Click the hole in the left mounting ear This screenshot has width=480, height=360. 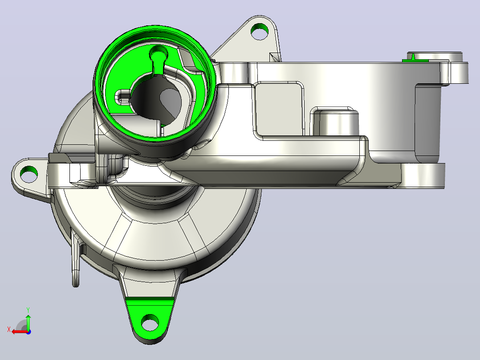tap(29, 173)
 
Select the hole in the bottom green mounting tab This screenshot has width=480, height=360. tap(150, 323)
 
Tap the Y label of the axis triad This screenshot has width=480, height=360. tap(28, 310)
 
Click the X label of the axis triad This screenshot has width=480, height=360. tap(9, 330)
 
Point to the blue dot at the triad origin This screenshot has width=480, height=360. tap(28, 332)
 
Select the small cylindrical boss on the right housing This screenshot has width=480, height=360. tap(336, 122)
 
